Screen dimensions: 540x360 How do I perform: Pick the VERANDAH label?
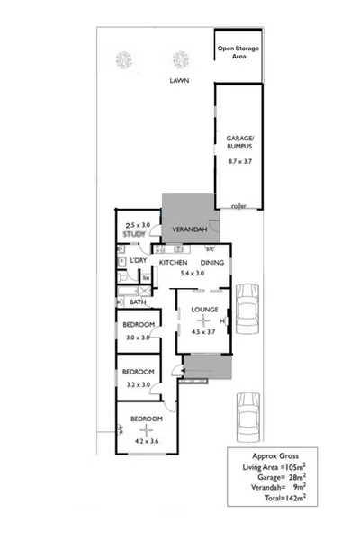coord(186,229)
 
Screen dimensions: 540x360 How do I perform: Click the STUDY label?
coord(134,234)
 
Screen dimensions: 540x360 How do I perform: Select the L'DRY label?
coord(138,261)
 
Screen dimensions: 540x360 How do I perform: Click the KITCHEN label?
coord(174,262)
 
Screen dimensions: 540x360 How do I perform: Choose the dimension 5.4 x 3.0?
coord(193,273)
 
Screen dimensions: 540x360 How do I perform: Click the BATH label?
coord(127,302)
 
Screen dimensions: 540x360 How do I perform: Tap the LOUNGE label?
coord(205,311)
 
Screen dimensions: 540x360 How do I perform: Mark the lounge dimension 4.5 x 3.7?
coord(205,330)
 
